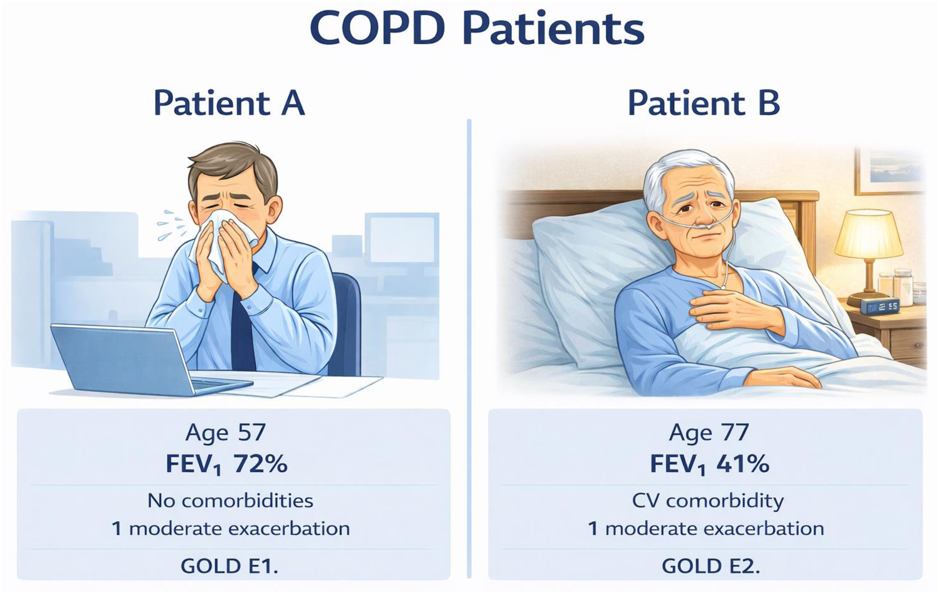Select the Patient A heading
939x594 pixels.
click(x=229, y=103)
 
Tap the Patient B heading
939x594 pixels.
click(x=704, y=103)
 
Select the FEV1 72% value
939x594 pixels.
click(x=227, y=464)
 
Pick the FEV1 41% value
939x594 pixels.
click(x=710, y=464)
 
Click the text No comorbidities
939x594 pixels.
click(x=230, y=500)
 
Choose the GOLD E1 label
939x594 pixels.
click(x=229, y=566)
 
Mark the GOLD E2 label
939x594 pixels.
click(x=711, y=566)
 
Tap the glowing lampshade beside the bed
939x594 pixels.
click(x=869, y=233)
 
